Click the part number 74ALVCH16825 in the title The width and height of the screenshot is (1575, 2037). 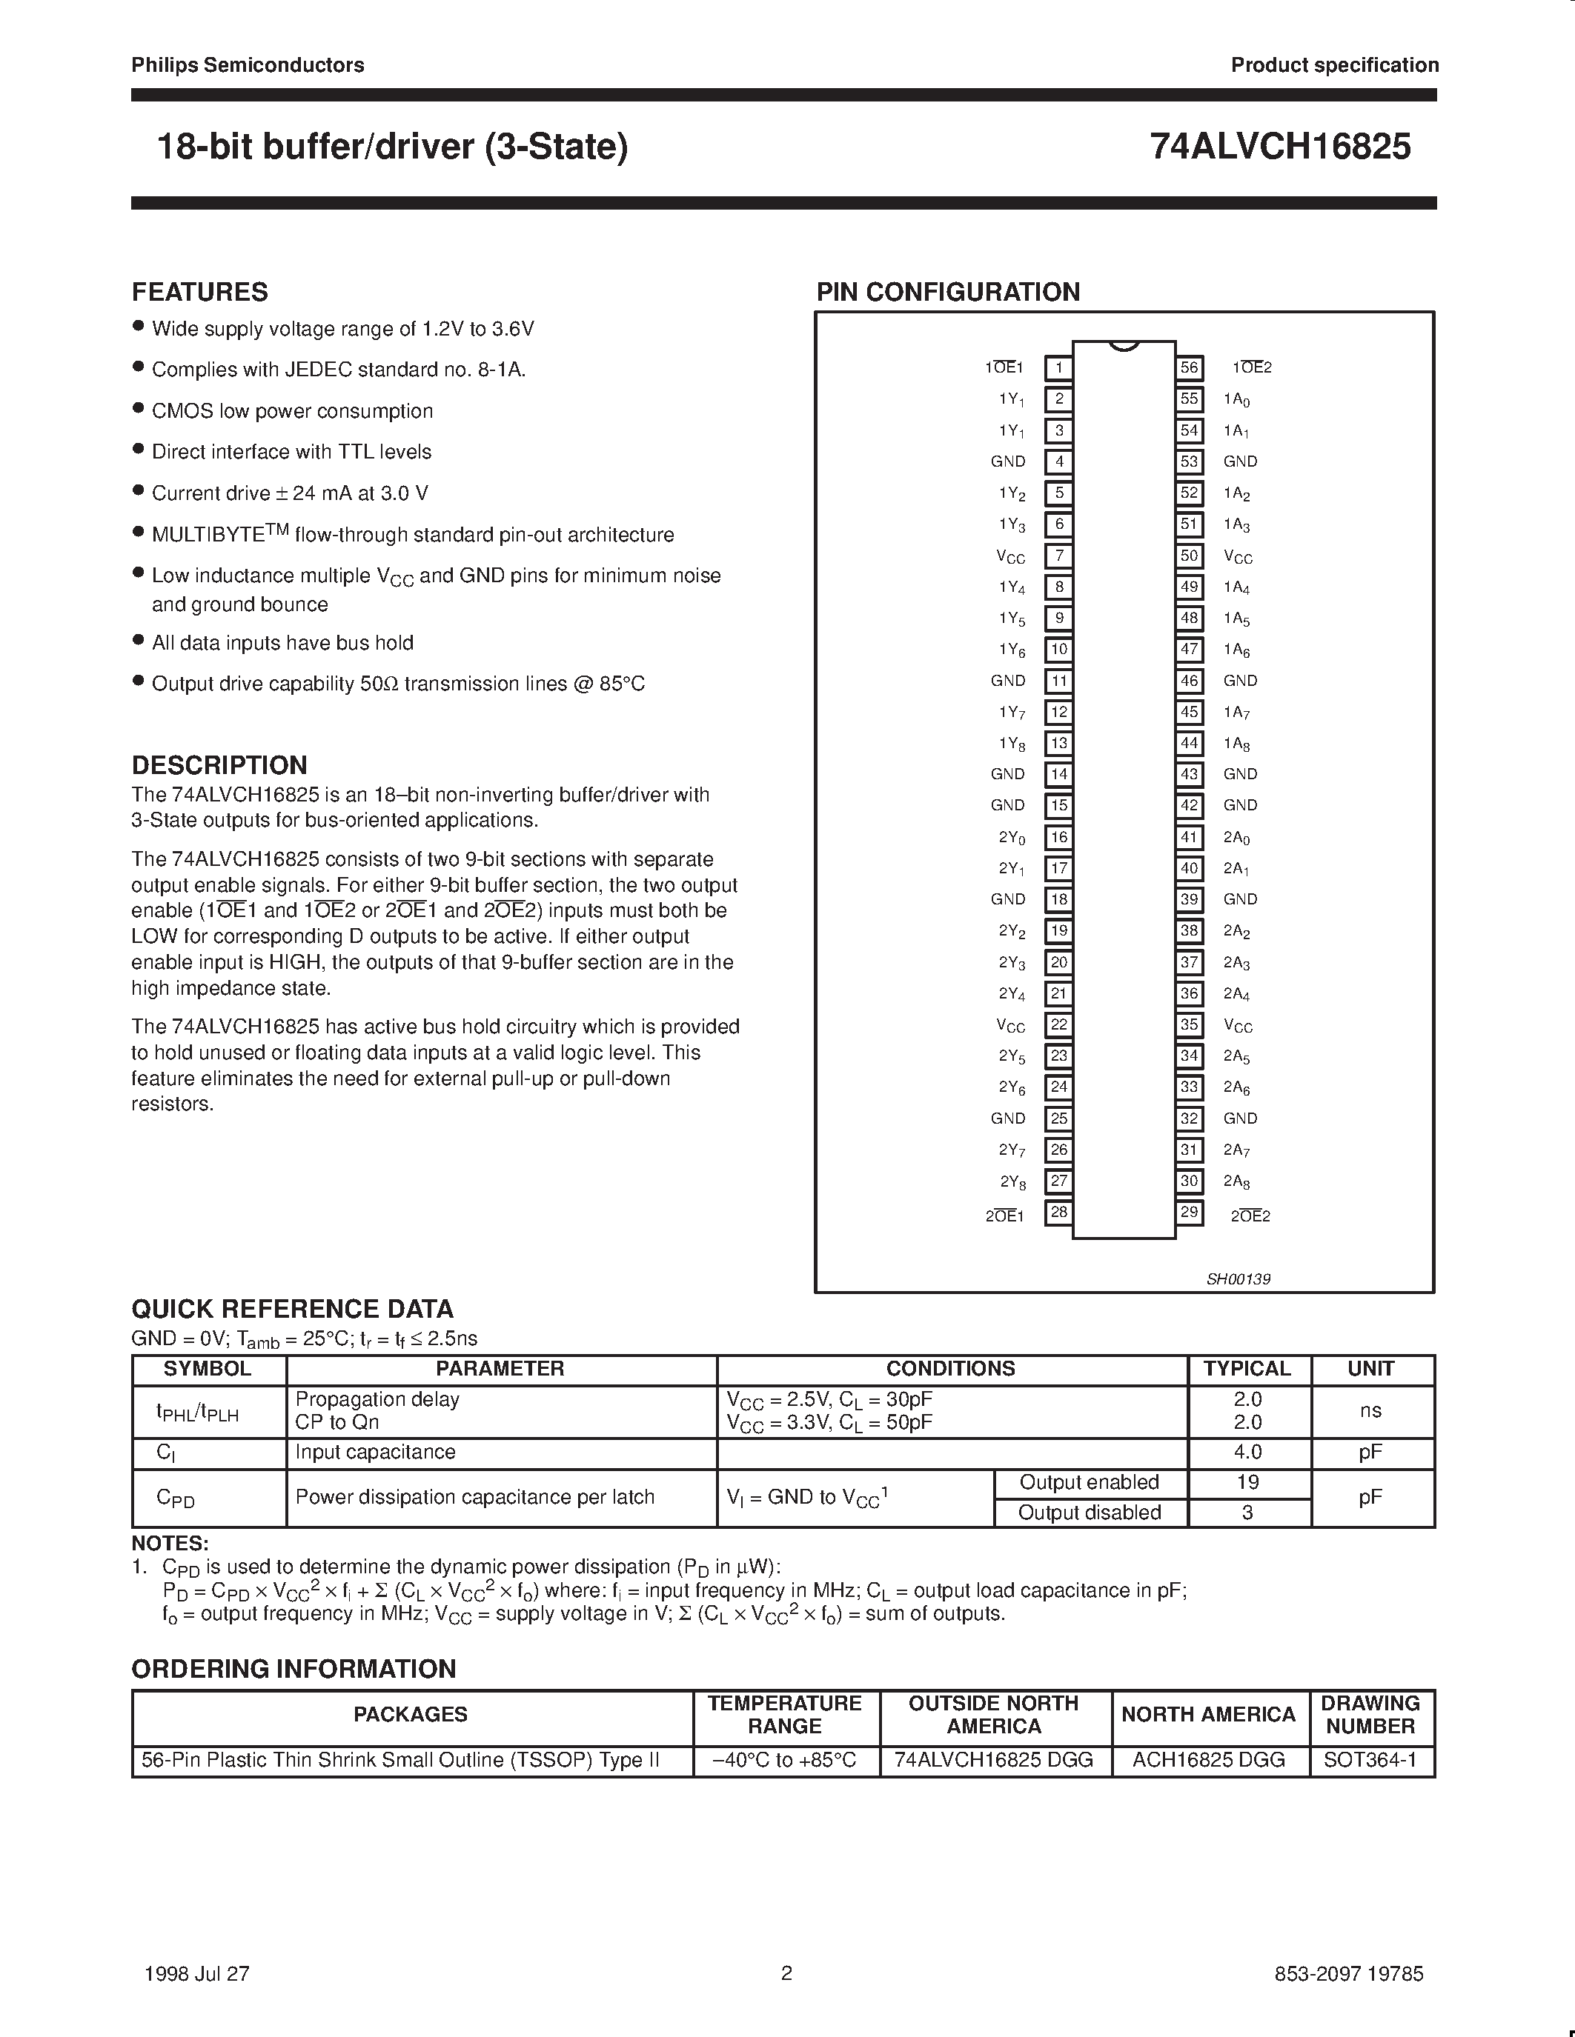click(1280, 147)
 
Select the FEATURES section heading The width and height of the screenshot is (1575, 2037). click(199, 292)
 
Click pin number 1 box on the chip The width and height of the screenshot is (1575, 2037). click(1058, 367)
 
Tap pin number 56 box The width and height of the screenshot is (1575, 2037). click(1189, 367)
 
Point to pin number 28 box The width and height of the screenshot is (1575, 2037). click(1058, 1213)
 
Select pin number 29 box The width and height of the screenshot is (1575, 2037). click(1189, 1213)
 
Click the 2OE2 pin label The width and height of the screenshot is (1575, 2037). click(1250, 1216)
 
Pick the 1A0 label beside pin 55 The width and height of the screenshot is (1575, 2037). click(1236, 399)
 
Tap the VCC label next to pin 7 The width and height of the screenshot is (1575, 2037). click(1010, 557)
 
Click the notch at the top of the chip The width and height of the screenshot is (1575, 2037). click(1124, 346)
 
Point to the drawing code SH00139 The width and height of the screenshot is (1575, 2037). click(1239, 1278)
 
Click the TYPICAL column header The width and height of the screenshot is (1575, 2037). click(1247, 1368)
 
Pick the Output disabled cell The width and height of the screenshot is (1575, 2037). click(1089, 1512)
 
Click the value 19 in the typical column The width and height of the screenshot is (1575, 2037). click(1247, 1482)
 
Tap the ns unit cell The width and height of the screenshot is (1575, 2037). click(1370, 1410)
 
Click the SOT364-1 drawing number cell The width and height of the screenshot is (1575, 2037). click(1370, 1760)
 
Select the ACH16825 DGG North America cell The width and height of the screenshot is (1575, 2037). click(1208, 1760)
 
